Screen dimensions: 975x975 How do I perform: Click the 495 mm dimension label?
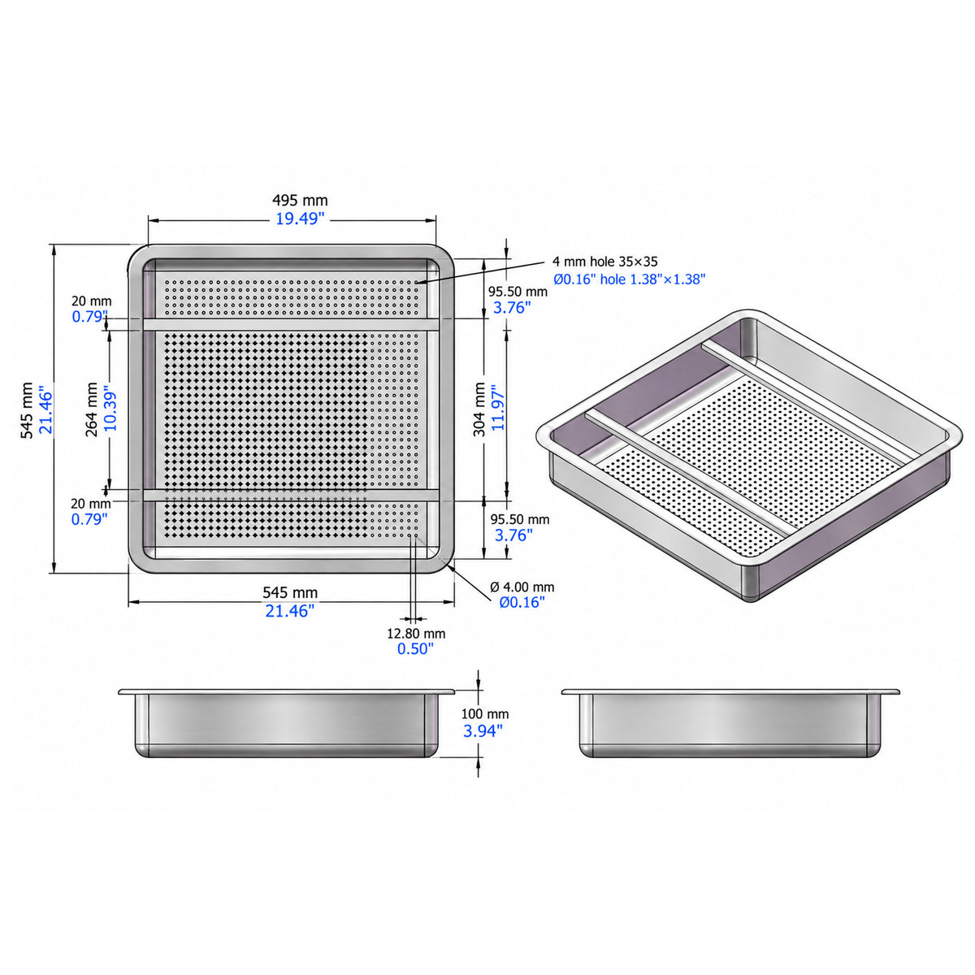(x=300, y=201)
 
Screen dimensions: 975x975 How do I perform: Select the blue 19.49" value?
(x=300, y=219)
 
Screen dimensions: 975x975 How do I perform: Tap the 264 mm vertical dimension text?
(x=92, y=409)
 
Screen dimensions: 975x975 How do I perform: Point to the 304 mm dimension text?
(x=479, y=409)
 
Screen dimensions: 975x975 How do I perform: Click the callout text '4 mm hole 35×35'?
(x=604, y=262)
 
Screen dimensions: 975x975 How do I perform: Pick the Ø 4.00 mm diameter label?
(x=522, y=587)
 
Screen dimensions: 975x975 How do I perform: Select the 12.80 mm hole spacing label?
(x=416, y=634)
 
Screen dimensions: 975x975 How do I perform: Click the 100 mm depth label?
(x=485, y=714)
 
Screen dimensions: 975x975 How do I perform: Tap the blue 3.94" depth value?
(x=483, y=731)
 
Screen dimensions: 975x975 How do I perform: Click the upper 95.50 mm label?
(x=518, y=292)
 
